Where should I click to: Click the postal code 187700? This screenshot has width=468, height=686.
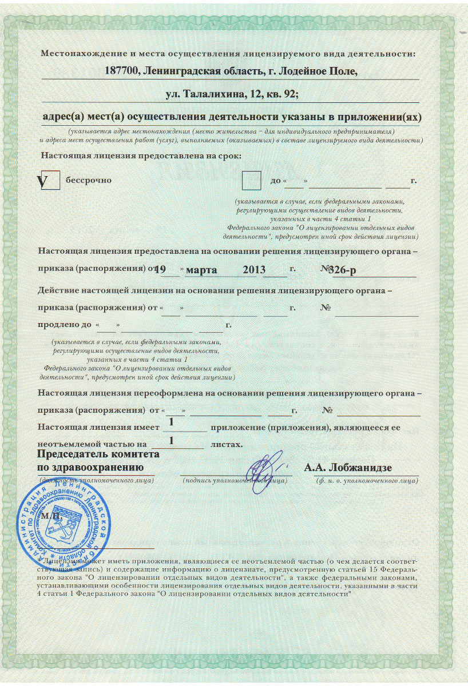[122, 71]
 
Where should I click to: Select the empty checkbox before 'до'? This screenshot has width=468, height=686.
[251, 181]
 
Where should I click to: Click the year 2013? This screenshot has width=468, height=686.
[255, 269]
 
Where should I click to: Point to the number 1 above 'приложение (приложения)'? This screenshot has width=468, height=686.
[171, 422]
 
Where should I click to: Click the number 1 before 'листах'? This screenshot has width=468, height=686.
[171, 441]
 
